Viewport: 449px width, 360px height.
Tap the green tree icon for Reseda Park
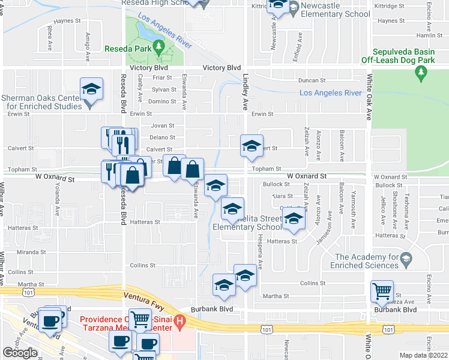[158, 46]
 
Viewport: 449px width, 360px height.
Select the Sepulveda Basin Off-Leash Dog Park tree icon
[420, 73]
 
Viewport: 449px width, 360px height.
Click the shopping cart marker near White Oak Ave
[382, 292]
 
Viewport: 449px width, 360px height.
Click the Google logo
[20, 353]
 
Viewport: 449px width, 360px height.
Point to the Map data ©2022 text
[423, 355]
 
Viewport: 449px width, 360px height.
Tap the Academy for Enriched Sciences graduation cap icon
[406, 258]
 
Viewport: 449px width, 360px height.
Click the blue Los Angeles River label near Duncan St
[330, 93]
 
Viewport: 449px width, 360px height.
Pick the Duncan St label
[313, 80]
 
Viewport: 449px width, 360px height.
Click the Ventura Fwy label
[143, 296]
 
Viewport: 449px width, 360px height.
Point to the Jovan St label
[162, 126]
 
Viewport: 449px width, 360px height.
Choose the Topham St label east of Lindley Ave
[267, 170]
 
